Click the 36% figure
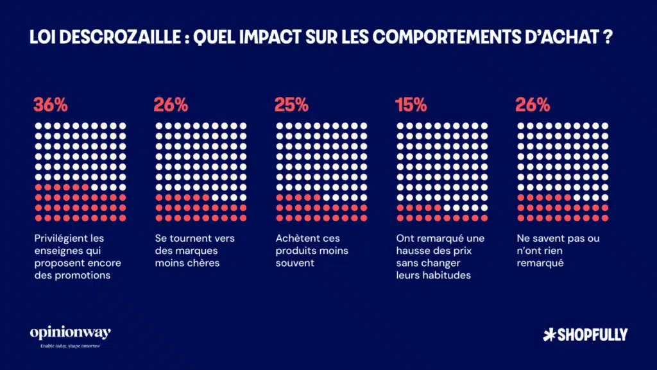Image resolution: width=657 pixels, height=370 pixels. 50,105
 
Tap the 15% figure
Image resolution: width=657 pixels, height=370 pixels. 411,105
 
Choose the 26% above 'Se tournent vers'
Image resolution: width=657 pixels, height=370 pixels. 171,105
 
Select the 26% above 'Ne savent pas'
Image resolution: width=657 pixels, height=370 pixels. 533,105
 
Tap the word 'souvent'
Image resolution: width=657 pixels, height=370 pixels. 295,263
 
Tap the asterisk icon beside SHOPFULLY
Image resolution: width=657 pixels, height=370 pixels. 548,334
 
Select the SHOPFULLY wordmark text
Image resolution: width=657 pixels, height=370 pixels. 592,334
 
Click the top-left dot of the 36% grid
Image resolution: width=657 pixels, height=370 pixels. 38,126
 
